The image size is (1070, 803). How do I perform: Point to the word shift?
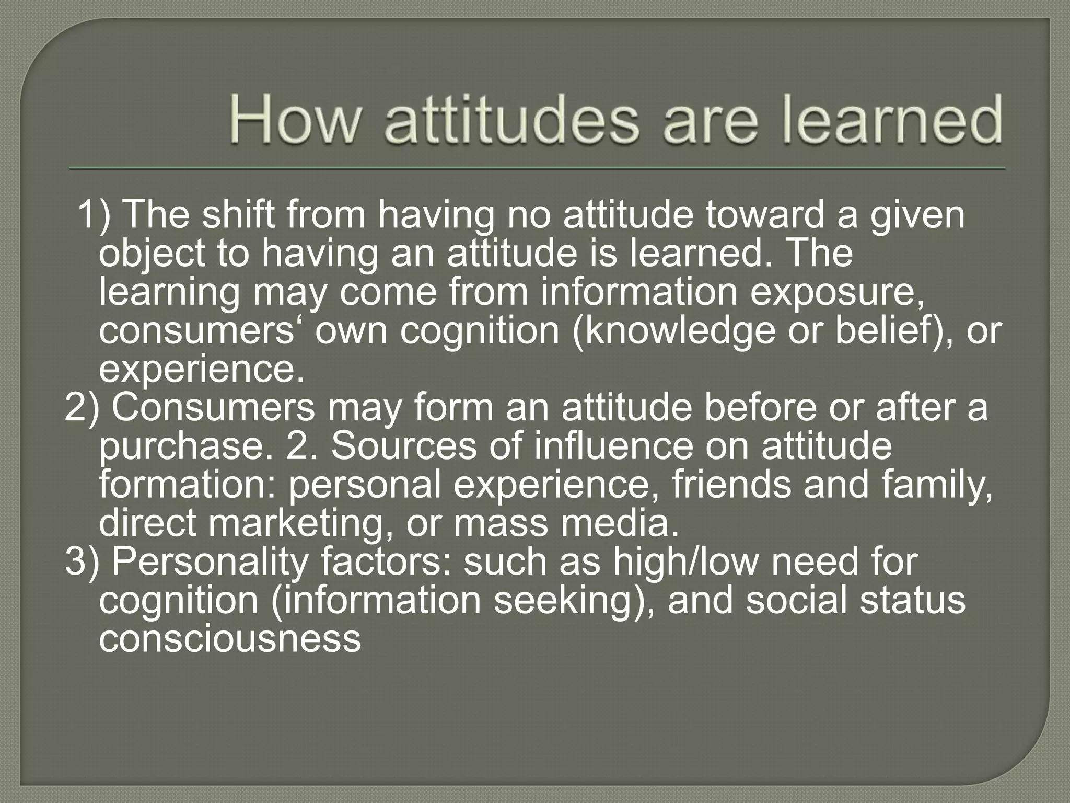click(x=238, y=215)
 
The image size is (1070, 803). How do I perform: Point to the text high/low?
click(x=685, y=562)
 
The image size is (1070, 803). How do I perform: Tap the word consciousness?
click(x=230, y=639)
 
